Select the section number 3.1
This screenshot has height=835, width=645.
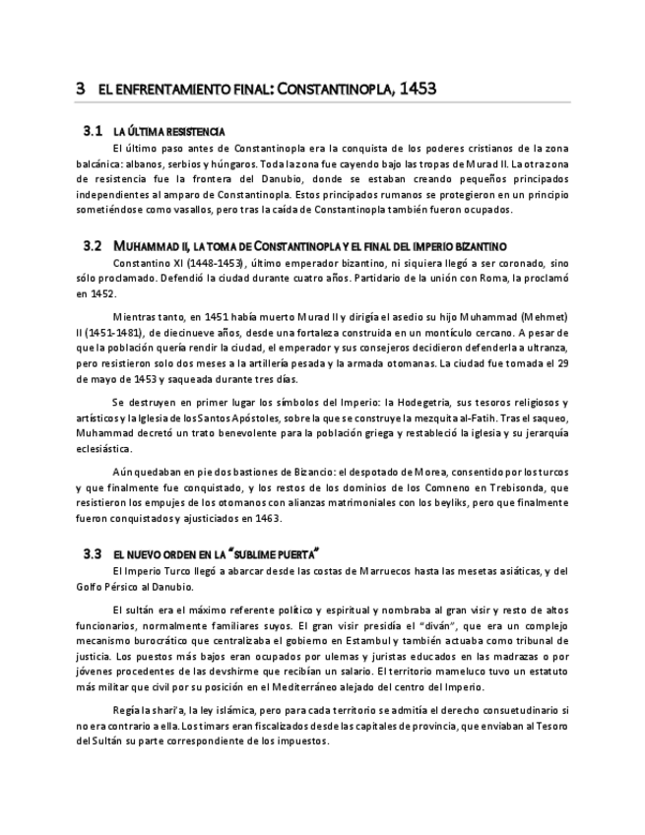point(94,130)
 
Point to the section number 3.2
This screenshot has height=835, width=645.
point(94,244)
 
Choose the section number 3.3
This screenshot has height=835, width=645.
point(94,553)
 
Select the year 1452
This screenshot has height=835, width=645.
point(103,293)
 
